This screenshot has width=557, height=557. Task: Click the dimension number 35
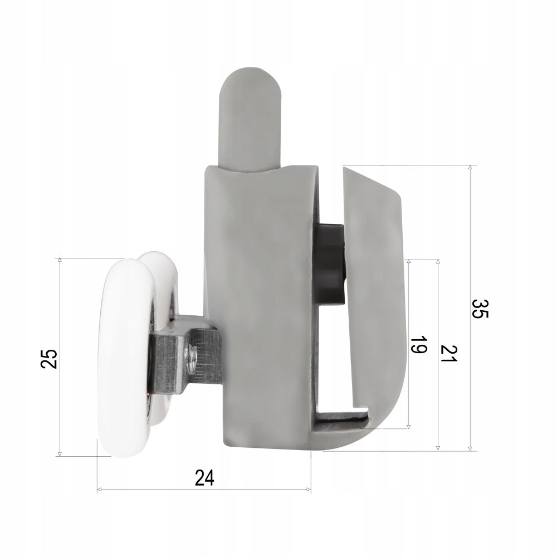coord(481,309)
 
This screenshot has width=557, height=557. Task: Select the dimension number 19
coord(418,344)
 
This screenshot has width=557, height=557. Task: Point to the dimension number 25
coord(48,359)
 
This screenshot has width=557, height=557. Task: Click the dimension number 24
coord(204,478)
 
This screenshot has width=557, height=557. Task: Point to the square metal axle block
coord(167,363)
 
